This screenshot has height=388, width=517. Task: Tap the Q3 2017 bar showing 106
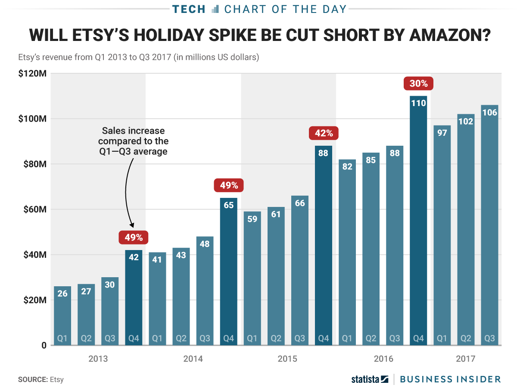pyautogui.click(x=490, y=224)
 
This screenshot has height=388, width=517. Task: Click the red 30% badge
pyautogui.click(x=418, y=84)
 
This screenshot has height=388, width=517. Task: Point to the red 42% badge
pyautogui.click(x=324, y=133)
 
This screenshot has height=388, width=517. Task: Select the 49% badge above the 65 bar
pyautogui.click(x=229, y=185)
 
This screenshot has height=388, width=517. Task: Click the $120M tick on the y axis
pyautogui.click(x=33, y=74)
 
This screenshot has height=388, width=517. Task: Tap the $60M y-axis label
pyautogui.click(x=33, y=210)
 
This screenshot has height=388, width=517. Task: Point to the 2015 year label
pyautogui.click(x=287, y=359)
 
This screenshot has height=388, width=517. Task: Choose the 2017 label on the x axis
pyautogui.click(x=466, y=359)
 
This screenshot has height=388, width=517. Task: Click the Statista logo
pyautogui.click(x=370, y=379)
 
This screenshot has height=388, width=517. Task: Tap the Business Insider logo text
pyautogui.click(x=450, y=379)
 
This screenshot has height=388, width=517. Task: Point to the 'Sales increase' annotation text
pyautogui.click(x=133, y=130)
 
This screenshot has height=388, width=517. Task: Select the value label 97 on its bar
pyautogui.click(x=442, y=133)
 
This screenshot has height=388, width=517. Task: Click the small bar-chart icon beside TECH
pyautogui.click(x=215, y=9)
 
